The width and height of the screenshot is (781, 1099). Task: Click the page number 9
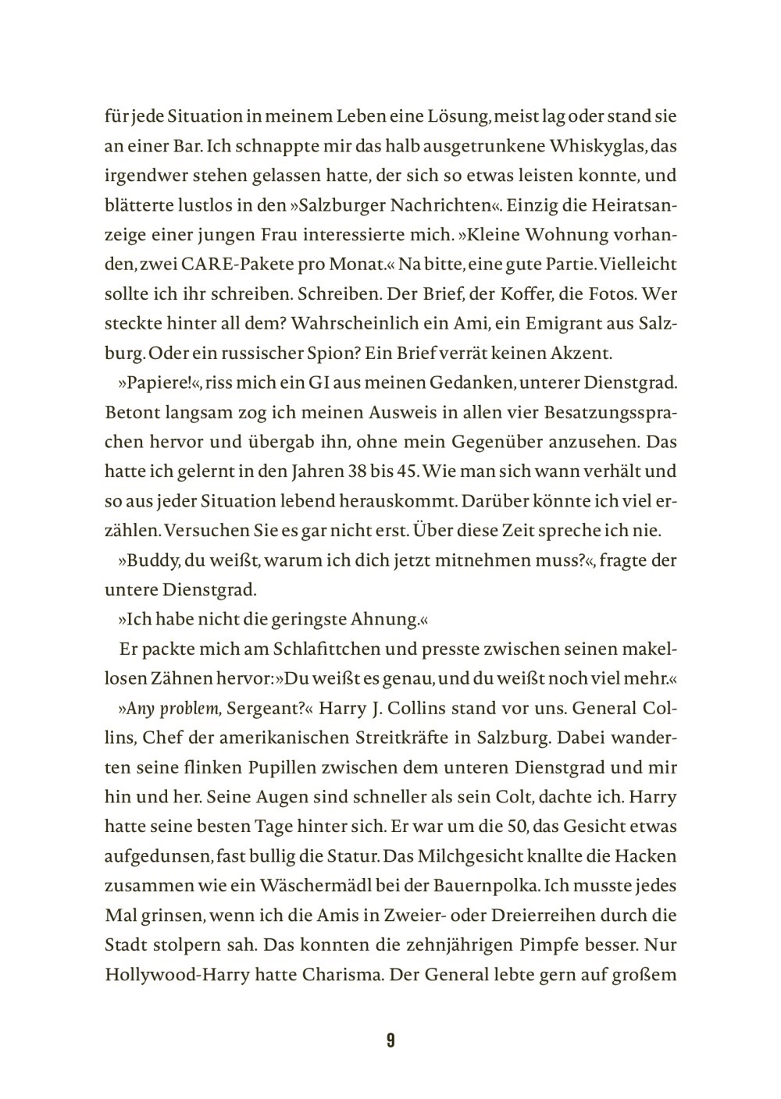[x=390, y=1040]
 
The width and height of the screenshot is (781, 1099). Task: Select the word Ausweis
[x=343, y=412]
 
